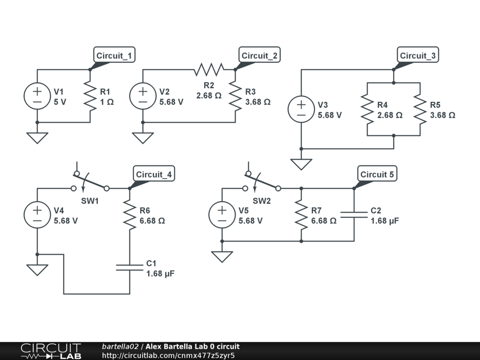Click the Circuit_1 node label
pos(114,55)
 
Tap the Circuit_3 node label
pos(418,55)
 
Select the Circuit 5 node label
pos(377,174)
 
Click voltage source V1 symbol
pos(37,96)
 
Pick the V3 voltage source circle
pos(301,109)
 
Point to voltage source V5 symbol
pos(222,215)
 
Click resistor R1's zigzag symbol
pos(90,96)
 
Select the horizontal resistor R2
pos(209,69)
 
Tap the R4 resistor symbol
pos(367,109)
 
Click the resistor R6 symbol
pos(130,215)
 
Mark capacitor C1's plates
pos(130,268)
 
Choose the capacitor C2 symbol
pos(354,215)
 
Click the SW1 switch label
pos(90,201)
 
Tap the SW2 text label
pos(262,201)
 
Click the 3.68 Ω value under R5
pos(442,115)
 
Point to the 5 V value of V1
pos(60,102)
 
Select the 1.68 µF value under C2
pos(385,221)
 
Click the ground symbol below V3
pos(301,165)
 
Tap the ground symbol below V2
pos(143,138)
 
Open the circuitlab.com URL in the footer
pos(168,355)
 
